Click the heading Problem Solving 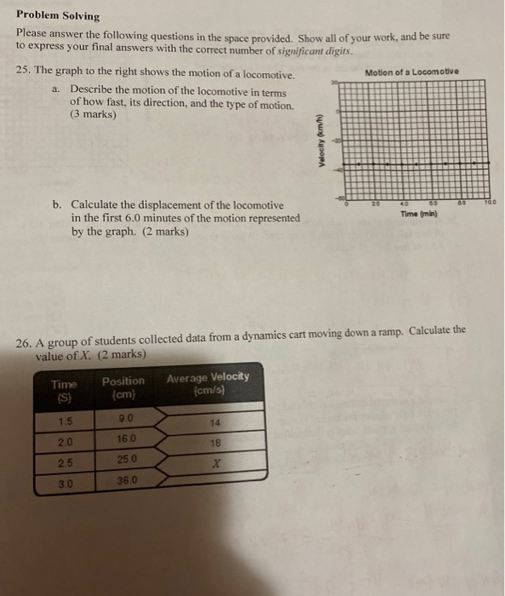[x=57, y=16]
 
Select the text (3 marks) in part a [x=93, y=114]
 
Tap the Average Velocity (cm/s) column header [x=208, y=381]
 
